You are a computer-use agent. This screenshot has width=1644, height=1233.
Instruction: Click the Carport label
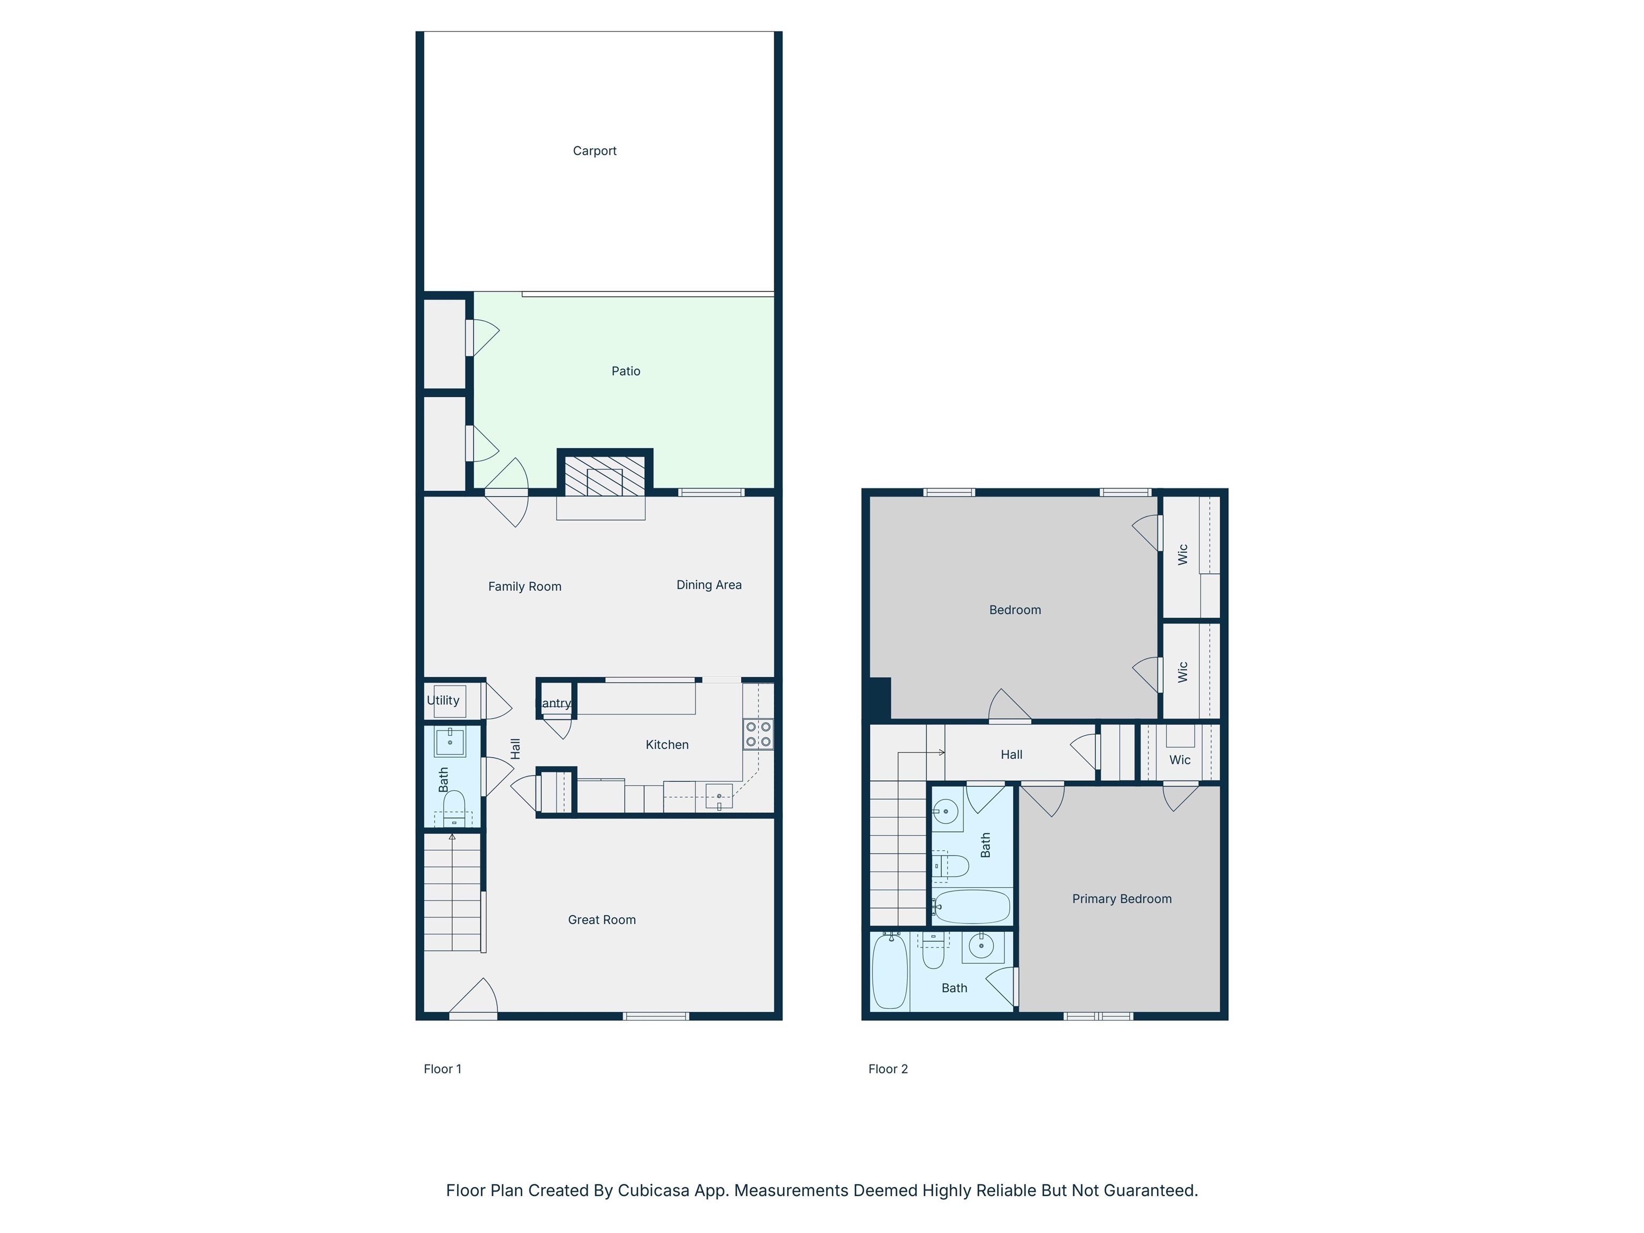point(595,151)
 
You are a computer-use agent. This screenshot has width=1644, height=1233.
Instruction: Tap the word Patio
point(626,371)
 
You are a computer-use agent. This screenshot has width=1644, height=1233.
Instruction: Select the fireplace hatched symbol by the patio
point(604,476)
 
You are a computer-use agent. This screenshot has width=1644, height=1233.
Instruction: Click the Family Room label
point(524,587)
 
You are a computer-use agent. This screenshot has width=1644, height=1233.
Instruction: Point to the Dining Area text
point(709,585)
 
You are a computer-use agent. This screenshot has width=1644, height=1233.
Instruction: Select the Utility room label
point(443,700)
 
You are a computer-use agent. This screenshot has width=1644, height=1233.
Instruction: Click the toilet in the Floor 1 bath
point(454,808)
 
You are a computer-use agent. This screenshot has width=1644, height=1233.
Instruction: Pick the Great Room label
point(602,919)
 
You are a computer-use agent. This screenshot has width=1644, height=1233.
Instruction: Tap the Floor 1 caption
point(442,1069)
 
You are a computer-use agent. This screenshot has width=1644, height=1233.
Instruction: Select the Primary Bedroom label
point(1122,899)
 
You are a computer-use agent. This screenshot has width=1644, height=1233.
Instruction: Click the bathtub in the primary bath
point(889,971)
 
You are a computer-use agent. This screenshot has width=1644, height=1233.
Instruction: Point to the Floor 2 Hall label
point(1011,755)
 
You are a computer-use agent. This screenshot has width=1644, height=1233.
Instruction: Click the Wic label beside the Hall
point(1179,759)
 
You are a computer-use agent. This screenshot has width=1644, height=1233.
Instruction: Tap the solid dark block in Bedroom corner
point(880,698)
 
